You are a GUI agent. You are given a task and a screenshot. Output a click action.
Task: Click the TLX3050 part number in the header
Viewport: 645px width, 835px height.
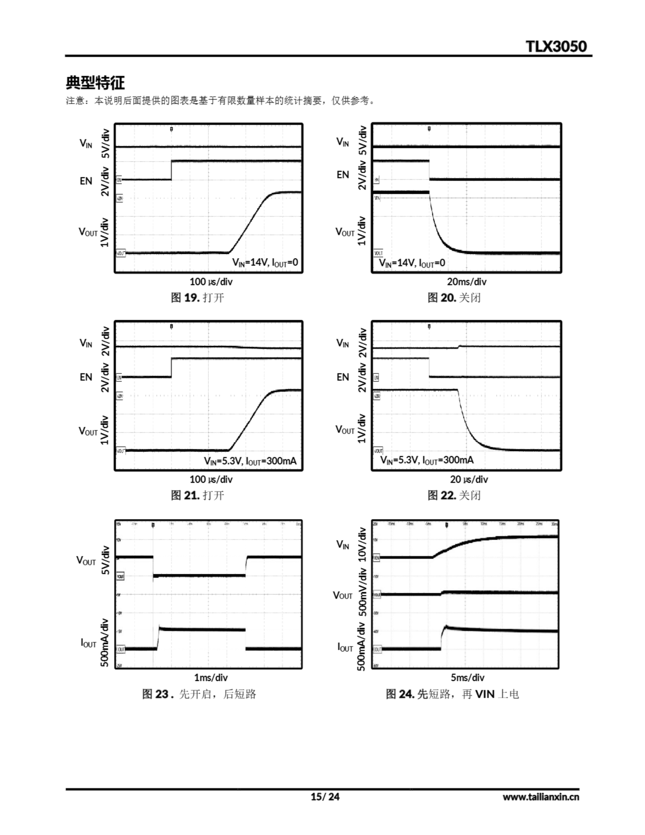[x=556, y=46]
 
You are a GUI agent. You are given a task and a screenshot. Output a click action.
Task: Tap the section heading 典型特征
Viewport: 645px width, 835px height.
[x=95, y=83]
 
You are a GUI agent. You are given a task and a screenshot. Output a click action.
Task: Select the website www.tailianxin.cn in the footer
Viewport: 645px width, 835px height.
[x=541, y=797]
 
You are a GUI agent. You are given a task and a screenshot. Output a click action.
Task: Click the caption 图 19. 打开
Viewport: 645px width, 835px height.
[x=197, y=297]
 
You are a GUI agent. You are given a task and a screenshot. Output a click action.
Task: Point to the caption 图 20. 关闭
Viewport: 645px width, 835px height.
[x=454, y=297]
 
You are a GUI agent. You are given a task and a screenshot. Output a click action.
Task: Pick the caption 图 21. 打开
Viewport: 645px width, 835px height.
[x=197, y=495]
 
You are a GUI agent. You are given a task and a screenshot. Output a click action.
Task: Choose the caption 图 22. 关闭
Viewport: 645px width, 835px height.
[x=454, y=495]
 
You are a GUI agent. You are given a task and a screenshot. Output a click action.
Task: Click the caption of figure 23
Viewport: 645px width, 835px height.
[x=199, y=694]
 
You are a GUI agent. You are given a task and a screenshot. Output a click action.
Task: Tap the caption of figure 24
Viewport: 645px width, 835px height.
[x=452, y=694]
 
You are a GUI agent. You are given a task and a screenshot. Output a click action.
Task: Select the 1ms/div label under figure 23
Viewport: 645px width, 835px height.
[x=211, y=677]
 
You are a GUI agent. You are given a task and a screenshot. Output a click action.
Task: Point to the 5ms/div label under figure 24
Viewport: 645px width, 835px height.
[x=467, y=677]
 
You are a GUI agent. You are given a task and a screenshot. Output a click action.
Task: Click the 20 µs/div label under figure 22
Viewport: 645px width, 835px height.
[x=469, y=479]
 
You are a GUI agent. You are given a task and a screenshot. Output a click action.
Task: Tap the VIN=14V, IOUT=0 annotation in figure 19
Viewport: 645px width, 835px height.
[x=265, y=262]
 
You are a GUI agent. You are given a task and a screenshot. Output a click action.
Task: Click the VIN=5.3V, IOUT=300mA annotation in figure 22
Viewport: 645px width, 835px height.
[x=427, y=460]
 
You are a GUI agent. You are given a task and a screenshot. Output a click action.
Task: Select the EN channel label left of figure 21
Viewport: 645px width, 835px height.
[x=86, y=377]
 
